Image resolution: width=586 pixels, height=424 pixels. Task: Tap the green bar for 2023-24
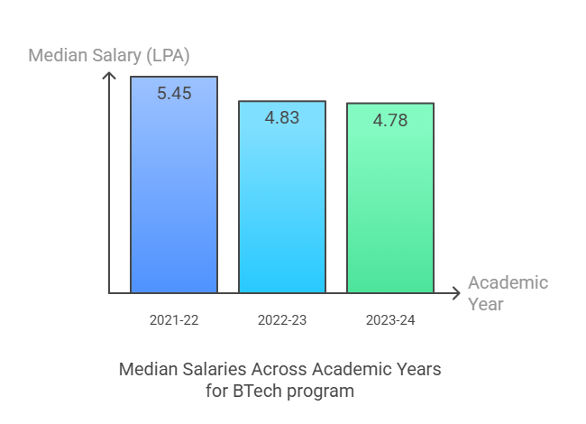390,207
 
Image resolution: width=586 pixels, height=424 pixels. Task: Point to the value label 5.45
174,93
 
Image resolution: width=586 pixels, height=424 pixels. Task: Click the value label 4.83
282,117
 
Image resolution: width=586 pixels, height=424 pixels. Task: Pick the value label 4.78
390,119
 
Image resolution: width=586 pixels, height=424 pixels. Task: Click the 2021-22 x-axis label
174,319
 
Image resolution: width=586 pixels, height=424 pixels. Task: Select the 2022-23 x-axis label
282,319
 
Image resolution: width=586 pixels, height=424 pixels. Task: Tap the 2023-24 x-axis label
390,319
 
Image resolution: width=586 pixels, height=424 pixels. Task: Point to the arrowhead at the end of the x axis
455,293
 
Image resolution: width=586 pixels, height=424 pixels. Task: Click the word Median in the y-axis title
59,56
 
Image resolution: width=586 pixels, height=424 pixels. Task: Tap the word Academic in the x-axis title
508,282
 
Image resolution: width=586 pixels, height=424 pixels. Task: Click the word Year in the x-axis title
486,304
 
